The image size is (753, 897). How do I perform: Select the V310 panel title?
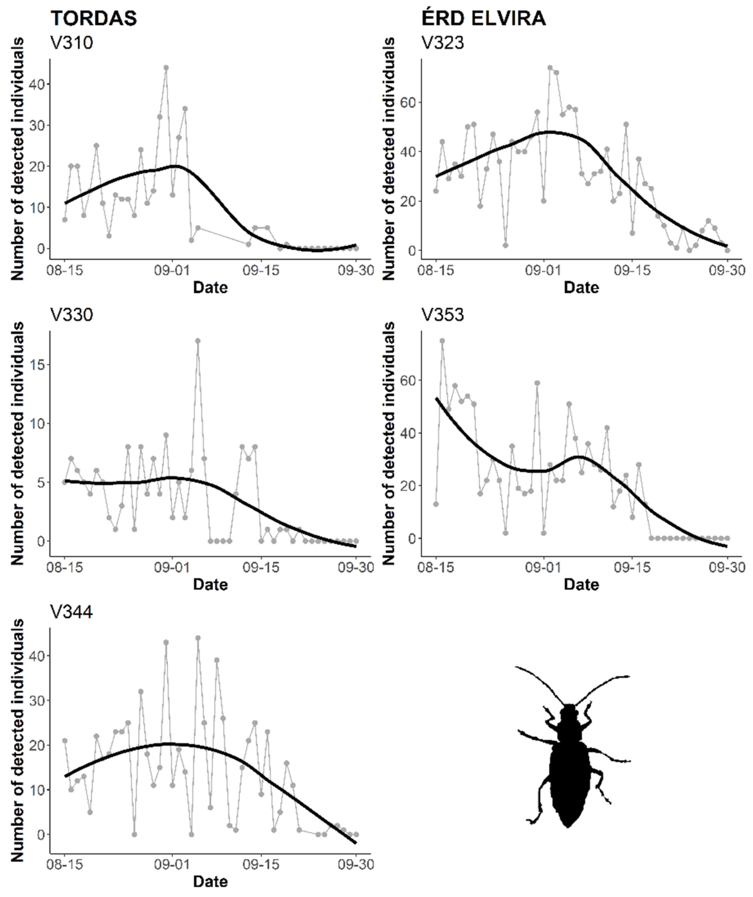pos(71,43)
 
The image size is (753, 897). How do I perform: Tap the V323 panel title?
pos(443,43)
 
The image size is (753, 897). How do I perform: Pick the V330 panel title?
pos(71,315)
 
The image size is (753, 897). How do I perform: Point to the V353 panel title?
pos(443,315)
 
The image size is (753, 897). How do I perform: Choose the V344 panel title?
pos(71,612)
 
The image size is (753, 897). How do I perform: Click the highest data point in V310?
pos(166,67)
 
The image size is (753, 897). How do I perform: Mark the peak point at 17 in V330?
pos(197,341)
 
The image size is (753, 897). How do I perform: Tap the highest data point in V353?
pos(442,340)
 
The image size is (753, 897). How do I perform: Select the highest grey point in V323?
pos(550,67)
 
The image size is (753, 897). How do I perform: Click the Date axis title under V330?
pos(210,584)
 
